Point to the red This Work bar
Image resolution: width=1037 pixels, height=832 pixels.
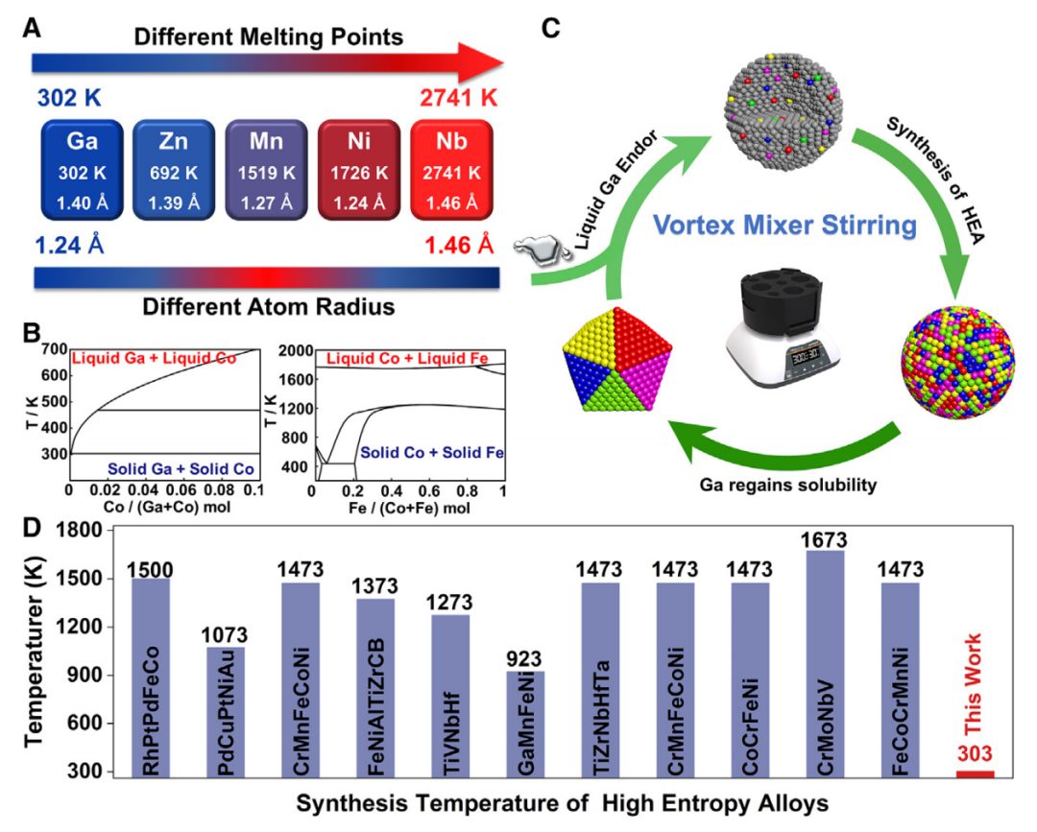tap(976, 772)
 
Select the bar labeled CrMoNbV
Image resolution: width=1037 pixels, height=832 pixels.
tap(826, 662)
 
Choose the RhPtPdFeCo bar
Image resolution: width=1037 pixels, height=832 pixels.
tap(152, 677)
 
